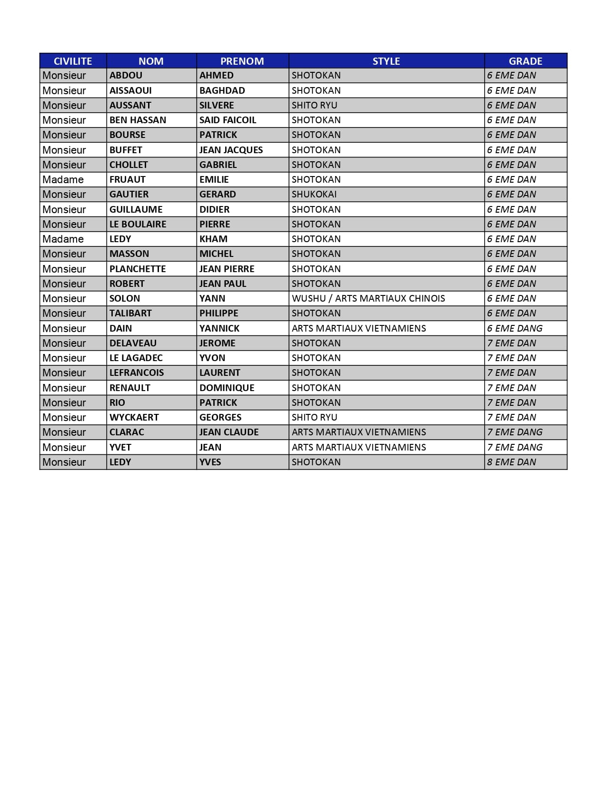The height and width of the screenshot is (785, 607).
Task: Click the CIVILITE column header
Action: coord(73,61)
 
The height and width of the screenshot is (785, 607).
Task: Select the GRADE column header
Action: coord(525,61)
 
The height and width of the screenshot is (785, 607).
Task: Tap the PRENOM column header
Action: coord(242,61)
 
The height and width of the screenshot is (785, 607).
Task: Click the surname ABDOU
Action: coord(126,75)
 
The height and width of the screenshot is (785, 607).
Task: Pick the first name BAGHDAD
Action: coord(222,90)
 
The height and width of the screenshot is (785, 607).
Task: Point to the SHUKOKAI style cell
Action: coord(314,194)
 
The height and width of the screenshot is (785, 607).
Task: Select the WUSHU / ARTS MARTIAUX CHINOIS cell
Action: coord(368,298)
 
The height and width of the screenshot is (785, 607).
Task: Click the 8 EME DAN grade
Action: coord(511,462)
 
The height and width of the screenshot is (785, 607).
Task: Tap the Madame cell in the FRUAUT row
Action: coord(63,179)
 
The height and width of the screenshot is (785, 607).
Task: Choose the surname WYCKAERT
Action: coord(134,417)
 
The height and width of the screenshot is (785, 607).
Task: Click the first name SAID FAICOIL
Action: coord(228,120)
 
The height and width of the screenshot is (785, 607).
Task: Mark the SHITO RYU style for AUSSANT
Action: coord(314,105)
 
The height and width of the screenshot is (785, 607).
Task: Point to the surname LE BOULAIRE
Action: coord(138,224)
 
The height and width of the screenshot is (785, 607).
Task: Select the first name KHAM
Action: coord(213,239)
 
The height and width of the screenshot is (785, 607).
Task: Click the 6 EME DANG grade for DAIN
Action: coord(515,328)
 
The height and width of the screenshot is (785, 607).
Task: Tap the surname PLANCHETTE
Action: coord(138,269)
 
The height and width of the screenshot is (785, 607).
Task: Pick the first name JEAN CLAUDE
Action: coord(229,432)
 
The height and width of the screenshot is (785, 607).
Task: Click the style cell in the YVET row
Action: coord(358,447)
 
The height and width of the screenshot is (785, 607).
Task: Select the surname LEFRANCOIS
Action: coord(136,373)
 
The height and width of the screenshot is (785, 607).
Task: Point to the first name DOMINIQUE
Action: coord(227,388)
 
